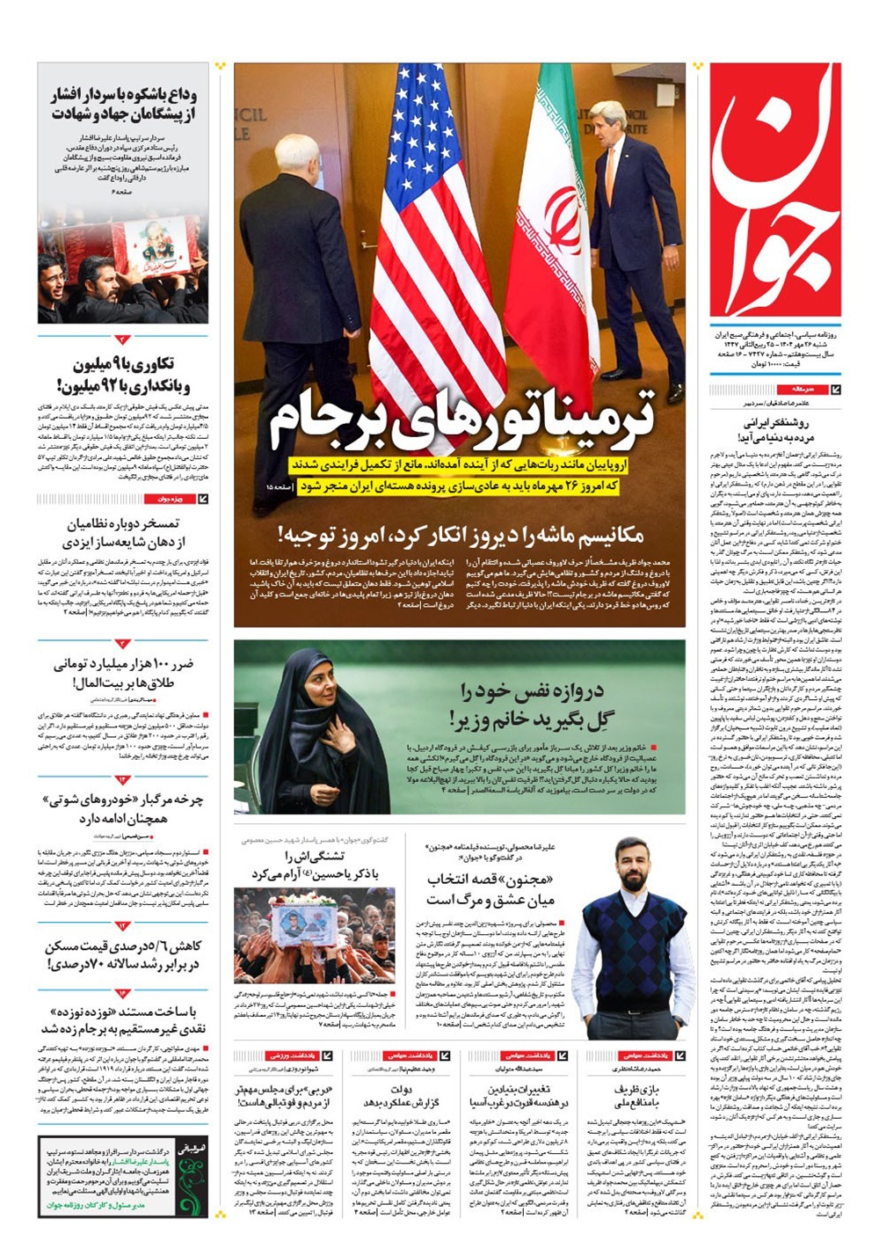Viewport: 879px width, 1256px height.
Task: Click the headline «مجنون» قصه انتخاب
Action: click(x=491, y=889)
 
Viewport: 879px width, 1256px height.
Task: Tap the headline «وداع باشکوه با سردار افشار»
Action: click(x=124, y=105)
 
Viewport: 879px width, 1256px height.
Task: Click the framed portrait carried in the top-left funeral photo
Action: click(x=155, y=244)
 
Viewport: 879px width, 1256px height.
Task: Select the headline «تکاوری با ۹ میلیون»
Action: click(x=124, y=374)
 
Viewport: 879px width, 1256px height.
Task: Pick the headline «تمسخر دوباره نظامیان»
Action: click(x=124, y=533)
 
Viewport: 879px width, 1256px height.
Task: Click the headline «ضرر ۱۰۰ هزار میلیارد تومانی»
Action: click(x=124, y=673)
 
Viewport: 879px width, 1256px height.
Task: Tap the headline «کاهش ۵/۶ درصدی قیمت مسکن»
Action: click(x=124, y=954)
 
